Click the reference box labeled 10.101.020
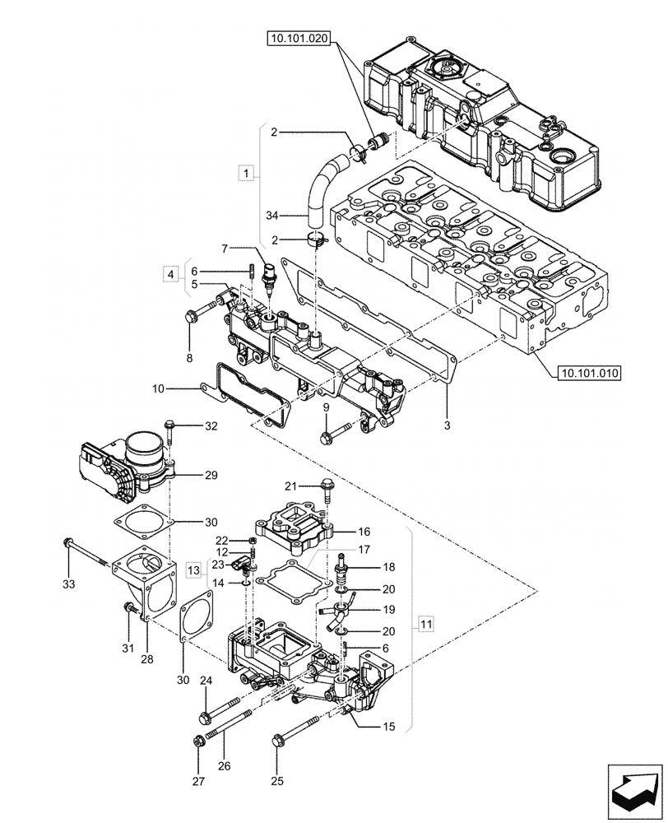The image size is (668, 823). pos(297,38)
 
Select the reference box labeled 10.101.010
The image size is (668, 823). pos(583,373)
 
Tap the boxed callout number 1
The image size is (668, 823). pos(244,172)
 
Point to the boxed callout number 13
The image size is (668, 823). pos(192,570)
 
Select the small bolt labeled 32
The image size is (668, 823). pos(169,428)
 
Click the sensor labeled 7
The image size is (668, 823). pos(268,278)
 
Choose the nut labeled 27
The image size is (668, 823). pos(198,742)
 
